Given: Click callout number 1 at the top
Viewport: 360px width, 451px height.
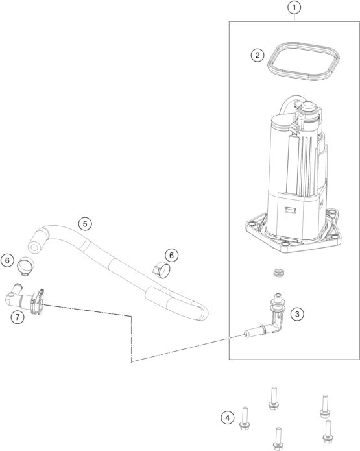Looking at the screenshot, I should pyautogui.click(x=295, y=8).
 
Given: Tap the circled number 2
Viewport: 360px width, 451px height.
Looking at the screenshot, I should pyautogui.click(x=258, y=55).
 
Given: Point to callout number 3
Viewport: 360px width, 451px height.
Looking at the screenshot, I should pyautogui.click(x=297, y=314).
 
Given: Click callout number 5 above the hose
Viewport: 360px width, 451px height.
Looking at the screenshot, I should pyautogui.click(x=84, y=224).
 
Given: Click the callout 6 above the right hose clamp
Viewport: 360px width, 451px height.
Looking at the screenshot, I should pyautogui.click(x=171, y=255).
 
